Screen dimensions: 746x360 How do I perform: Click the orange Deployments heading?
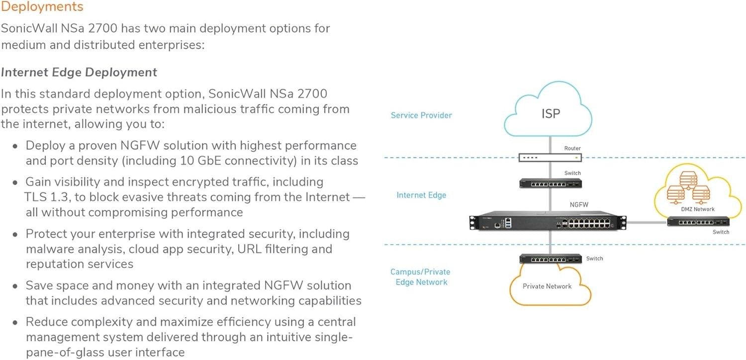click(42, 6)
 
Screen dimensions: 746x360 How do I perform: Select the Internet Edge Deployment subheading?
click(79, 72)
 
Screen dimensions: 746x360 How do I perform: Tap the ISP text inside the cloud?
click(551, 113)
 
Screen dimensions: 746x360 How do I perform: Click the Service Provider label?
click(421, 115)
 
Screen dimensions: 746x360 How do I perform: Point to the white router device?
click(550, 158)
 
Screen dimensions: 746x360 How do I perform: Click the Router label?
click(572, 148)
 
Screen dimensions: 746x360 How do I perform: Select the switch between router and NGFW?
click(551, 183)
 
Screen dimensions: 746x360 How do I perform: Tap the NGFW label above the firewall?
click(579, 204)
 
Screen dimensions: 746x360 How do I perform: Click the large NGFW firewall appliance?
click(548, 221)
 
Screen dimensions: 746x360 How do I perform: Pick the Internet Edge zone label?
click(421, 195)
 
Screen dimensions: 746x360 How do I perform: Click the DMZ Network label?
click(698, 209)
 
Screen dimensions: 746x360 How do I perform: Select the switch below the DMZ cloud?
click(698, 222)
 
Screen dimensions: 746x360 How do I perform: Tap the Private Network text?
click(547, 286)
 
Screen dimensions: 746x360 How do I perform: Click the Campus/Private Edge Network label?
click(421, 277)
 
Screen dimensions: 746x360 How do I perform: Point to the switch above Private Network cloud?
click(551, 259)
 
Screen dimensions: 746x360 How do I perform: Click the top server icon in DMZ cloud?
click(688, 180)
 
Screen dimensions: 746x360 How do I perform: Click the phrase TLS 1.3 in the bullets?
click(46, 197)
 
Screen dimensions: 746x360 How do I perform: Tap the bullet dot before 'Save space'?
click(15, 286)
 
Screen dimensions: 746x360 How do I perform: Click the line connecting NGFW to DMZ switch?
click(647, 222)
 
